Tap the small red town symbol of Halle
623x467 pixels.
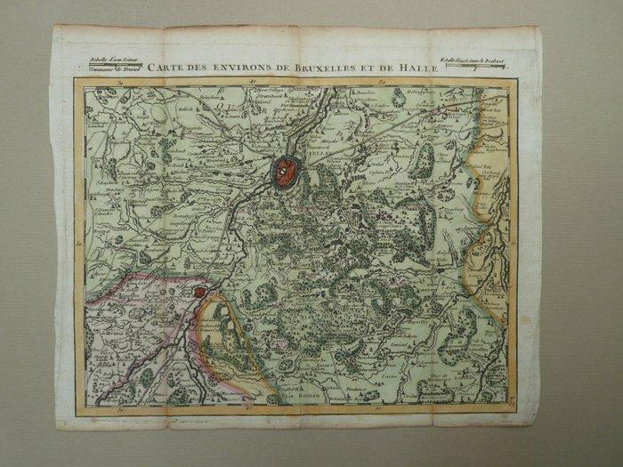coord(200,291)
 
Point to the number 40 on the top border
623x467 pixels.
coord(253,81)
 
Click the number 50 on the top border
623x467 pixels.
coord(384,81)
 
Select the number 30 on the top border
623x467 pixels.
coord(121,81)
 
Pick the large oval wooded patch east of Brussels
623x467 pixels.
coord(424,160)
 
